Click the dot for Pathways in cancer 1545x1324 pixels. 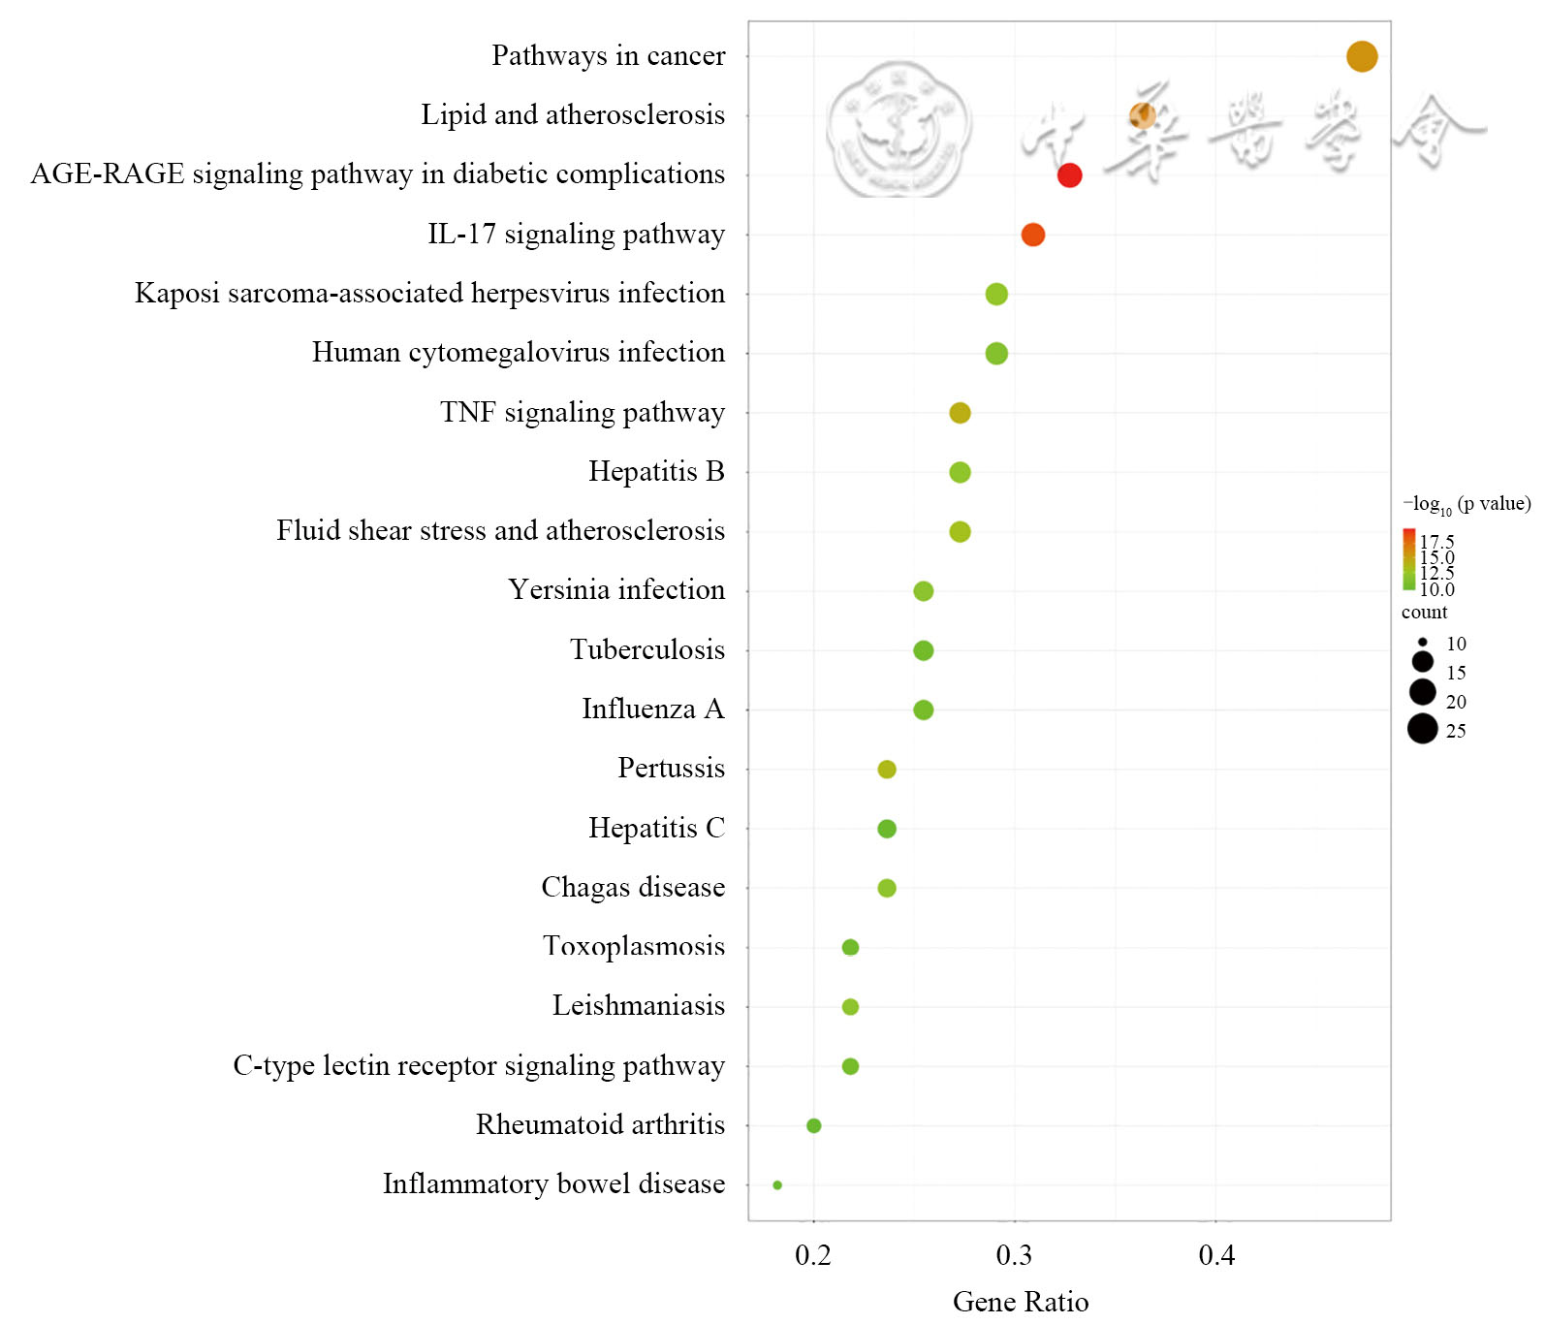point(1361,56)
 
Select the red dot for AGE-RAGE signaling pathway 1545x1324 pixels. point(1068,175)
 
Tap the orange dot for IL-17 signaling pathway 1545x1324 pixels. point(1032,235)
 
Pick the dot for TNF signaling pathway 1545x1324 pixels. point(960,413)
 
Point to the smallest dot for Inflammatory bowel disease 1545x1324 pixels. point(777,1184)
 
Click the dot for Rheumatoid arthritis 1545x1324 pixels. point(813,1125)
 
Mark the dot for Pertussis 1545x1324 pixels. point(886,770)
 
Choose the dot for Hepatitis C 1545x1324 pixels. point(886,829)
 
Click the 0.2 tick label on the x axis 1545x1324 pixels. point(812,1256)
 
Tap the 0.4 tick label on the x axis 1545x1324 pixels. point(1216,1256)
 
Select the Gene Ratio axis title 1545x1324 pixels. point(1020,1302)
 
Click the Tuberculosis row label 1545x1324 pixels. point(646,649)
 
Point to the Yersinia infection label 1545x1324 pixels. point(615,589)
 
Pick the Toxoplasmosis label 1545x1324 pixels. point(633,946)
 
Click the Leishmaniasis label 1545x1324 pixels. point(638,1005)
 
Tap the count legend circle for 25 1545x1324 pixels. point(1422,728)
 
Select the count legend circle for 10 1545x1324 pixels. point(1422,642)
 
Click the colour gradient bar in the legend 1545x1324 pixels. point(1407,559)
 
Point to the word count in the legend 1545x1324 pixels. point(1424,613)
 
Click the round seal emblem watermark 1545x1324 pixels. point(899,128)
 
